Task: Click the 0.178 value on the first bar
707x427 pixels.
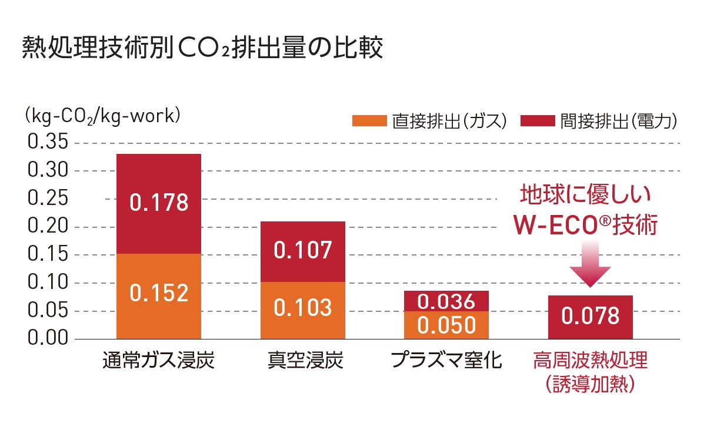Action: [x=159, y=203]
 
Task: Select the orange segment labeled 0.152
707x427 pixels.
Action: [x=159, y=292]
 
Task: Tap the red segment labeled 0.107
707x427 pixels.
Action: [x=303, y=251]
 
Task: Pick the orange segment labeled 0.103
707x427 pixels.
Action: [x=303, y=307]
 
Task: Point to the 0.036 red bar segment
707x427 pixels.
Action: [x=446, y=301]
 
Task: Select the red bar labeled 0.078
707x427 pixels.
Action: [x=590, y=317]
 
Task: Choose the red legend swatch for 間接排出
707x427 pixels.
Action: [x=538, y=121]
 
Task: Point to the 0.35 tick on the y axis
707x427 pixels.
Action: [x=48, y=143]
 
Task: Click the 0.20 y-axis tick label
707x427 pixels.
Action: [x=48, y=227]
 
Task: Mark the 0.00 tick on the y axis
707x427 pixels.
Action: [x=48, y=339]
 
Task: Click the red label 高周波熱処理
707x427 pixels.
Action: [x=590, y=360]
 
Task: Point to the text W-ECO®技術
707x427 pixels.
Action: [x=585, y=225]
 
